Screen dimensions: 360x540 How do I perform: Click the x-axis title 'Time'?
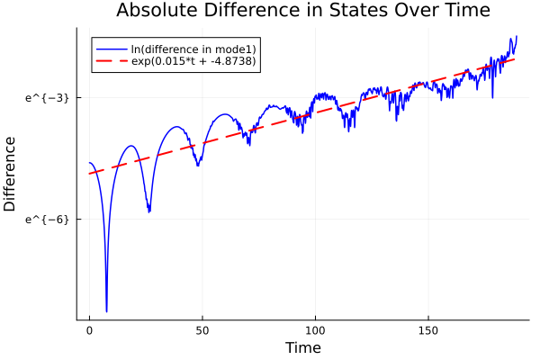(x=302, y=347)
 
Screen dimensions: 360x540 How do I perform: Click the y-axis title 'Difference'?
(x=10, y=174)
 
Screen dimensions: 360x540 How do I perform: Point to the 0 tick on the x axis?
(x=89, y=330)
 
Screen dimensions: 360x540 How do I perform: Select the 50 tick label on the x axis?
(x=202, y=330)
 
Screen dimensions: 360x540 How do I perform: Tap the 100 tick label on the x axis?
(x=314, y=330)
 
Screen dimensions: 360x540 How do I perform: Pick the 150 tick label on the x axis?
(x=427, y=330)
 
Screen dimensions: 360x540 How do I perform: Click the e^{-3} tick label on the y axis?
(x=49, y=97)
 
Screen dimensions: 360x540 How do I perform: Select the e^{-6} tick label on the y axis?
(x=49, y=219)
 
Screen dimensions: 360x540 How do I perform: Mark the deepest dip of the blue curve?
(x=106, y=311)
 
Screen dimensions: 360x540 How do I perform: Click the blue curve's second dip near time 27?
(x=149, y=211)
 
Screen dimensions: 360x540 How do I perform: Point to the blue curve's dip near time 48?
(x=198, y=166)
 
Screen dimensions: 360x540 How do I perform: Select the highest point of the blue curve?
(x=516, y=37)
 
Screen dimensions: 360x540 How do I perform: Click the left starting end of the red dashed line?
(x=89, y=174)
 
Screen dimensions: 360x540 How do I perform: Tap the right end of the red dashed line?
(x=516, y=58)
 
